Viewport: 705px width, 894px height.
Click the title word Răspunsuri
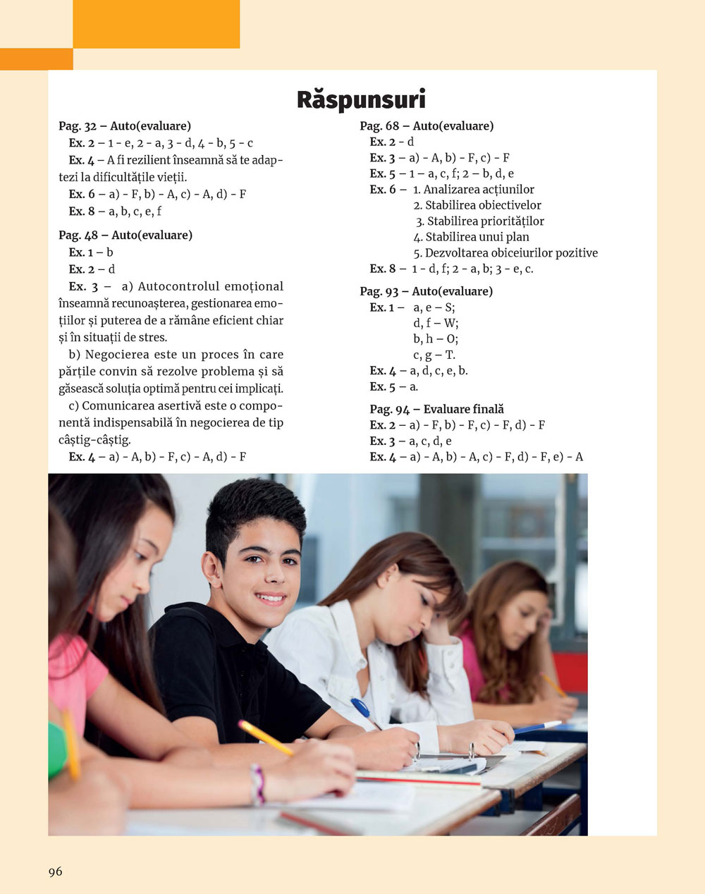click(x=360, y=99)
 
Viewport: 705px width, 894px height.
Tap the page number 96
click(x=56, y=871)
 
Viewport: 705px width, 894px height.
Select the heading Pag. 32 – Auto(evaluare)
click(x=125, y=126)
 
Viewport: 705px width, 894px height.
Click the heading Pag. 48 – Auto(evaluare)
click(x=125, y=235)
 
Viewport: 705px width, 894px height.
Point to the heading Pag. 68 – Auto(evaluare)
click(x=427, y=126)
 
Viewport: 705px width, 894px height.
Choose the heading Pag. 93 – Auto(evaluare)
click(x=426, y=291)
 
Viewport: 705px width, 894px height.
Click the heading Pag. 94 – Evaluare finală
click(x=436, y=409)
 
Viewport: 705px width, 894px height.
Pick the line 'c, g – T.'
click(x=434, y=355)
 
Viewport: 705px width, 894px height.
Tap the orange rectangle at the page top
click(x=156, y=24)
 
